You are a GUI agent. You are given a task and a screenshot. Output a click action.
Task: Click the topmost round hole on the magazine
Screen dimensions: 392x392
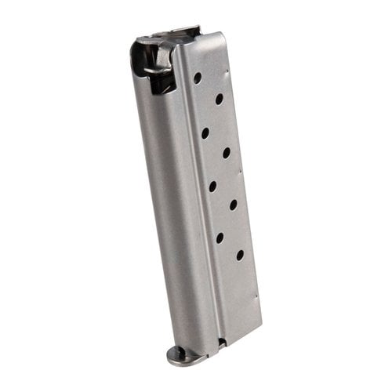pos(198,78)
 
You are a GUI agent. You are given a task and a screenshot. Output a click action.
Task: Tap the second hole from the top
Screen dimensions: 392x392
pos(219,99)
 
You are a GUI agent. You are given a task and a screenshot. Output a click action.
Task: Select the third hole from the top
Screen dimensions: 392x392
pos(205,133)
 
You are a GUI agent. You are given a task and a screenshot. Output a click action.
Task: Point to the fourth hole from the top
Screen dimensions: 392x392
pos(226,153)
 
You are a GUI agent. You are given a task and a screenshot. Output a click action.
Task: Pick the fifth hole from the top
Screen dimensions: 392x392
pos(212,186)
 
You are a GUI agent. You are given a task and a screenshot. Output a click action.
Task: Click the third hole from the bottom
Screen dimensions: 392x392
pos(233,205)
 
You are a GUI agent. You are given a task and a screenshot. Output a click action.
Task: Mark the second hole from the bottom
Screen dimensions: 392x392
pos(219,237)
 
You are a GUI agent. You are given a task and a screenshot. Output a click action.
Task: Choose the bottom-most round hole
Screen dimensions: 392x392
pos(239,255)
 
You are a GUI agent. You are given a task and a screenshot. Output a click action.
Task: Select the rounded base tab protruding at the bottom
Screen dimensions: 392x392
pos(182,354)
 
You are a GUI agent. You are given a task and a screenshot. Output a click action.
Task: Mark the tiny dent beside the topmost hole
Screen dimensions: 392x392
pos(227,76)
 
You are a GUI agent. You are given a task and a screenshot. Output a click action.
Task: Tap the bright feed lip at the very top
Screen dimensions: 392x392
pos(169,34)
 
